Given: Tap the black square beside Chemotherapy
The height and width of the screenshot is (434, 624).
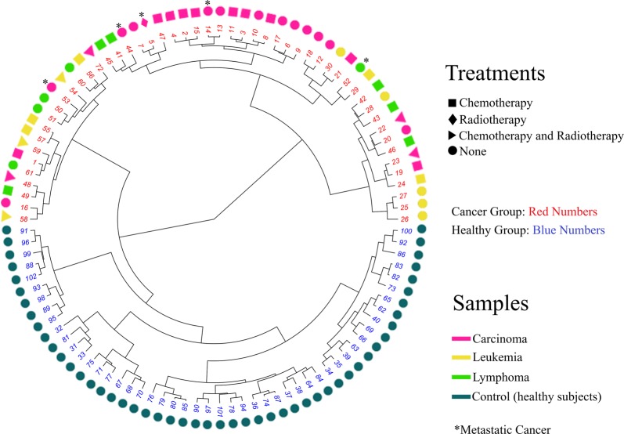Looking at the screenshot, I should click(x=452, y=103).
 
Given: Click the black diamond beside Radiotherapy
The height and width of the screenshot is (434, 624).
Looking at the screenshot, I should click(x=452, y=120).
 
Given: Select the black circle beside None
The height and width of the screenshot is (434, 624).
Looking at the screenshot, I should click(x=452, y=153).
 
